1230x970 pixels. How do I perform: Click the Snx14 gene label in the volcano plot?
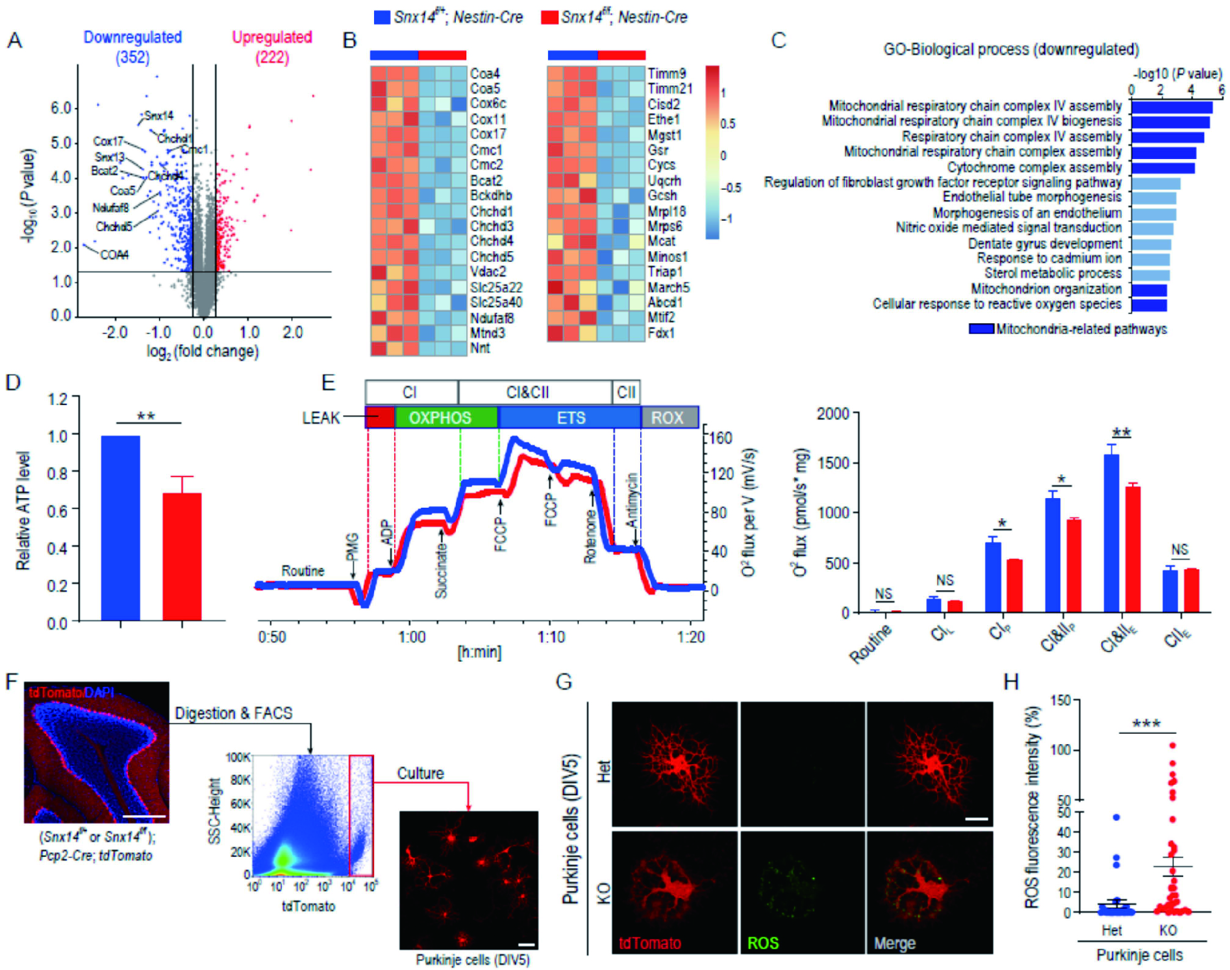click(158, 116)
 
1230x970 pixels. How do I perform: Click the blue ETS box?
click(570, 417)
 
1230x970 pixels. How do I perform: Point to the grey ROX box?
click(669, 417)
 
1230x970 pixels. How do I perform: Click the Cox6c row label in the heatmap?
click(488, 103)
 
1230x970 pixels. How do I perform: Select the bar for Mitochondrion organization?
click(1149, 290)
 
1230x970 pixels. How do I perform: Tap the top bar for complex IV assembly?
click(1172, 106)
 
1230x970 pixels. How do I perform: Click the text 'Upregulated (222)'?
click(272, 47)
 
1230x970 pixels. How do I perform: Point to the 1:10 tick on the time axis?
click(551, 637)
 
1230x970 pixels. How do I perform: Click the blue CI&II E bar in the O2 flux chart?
click(1111, 532)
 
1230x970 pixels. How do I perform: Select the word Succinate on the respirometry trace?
click(441, 570)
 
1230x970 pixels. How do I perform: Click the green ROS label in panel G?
click(762, 943)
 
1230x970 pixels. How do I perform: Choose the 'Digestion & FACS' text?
click(234, 713)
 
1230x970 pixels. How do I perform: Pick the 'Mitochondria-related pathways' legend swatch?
click(981, 329)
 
